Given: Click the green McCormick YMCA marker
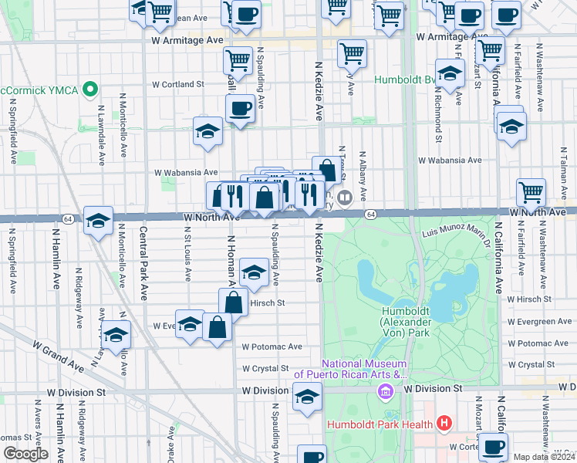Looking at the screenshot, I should (x=91, y=90).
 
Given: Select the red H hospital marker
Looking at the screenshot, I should (x=444, y=423).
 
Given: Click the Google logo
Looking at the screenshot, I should (x=25, y=454).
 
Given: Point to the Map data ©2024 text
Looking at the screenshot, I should (x=543, y=457).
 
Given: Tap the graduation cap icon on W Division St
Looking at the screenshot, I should (x=307, y=397).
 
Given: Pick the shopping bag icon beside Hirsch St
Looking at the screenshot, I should (x=233, y=302).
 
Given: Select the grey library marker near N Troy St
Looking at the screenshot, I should (x=346, y=197).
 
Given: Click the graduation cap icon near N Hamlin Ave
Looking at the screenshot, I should (x=99, y=221).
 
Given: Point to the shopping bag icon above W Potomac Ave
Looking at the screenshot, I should (x=218, y=326).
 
